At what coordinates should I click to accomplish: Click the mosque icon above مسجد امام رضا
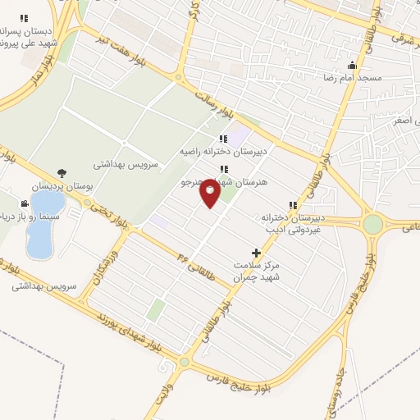[353, 65]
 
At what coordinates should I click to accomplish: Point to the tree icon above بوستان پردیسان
[63, 173]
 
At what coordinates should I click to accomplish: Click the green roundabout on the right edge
[373, 223]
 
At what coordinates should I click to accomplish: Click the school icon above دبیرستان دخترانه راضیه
[223, 139]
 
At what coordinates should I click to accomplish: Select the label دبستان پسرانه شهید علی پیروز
[26, 34]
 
